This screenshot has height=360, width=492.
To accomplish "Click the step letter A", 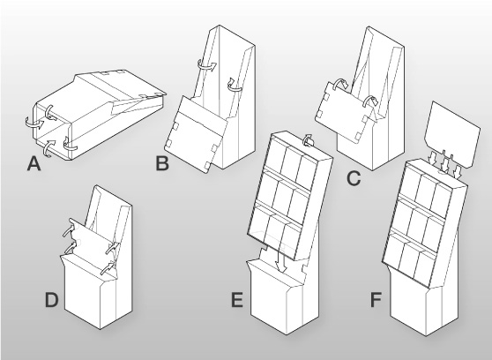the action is (34, 163).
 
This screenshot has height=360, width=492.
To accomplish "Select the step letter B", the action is (162, 163).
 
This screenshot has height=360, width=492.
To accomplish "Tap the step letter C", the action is (354, 179).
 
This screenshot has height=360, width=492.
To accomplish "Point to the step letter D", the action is (52, 300).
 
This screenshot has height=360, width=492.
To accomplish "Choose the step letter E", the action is (237, 300).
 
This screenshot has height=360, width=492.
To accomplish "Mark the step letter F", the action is (376, 300).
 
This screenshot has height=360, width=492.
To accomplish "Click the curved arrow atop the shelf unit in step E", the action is (309, 140).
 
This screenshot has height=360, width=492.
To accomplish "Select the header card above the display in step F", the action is (451, 135).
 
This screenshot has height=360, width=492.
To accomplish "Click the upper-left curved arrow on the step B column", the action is (206, 65).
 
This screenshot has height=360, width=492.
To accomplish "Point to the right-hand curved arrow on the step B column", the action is (234, 85).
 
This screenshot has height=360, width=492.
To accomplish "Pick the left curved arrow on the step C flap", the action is (339, 84).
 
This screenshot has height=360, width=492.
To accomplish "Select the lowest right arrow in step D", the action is (108, 269).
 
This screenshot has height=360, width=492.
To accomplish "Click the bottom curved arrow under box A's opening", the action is (48, 148).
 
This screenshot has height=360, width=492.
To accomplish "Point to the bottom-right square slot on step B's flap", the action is (208, 165).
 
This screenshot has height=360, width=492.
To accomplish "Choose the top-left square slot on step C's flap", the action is (326, 97).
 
